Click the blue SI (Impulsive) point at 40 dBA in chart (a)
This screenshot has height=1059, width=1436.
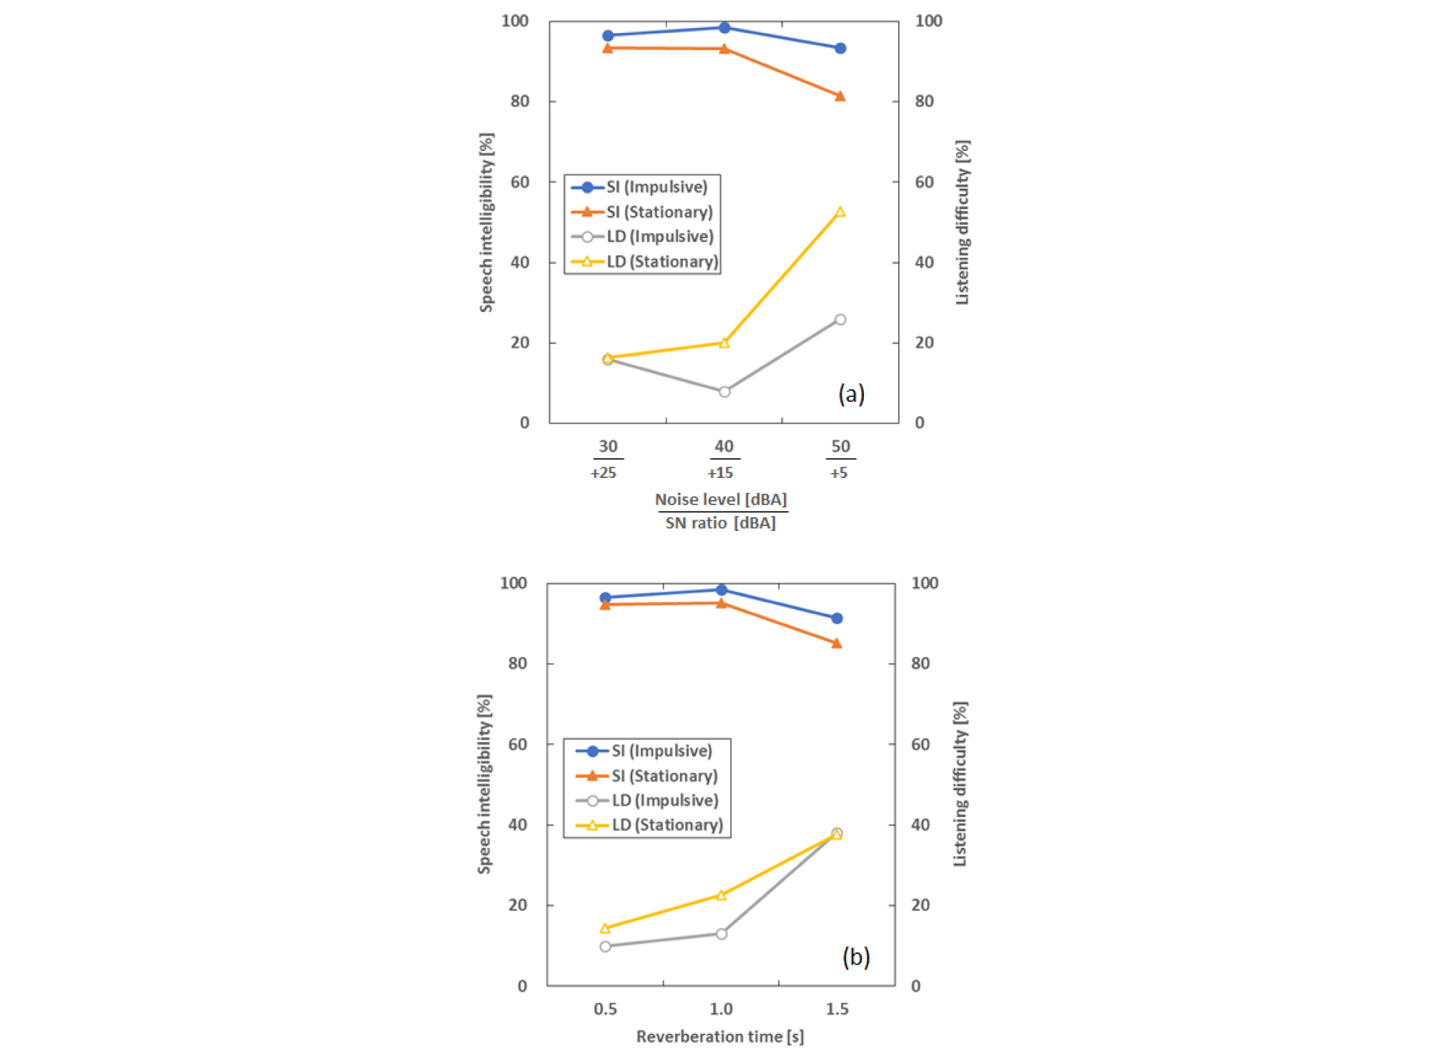tap(724, 28)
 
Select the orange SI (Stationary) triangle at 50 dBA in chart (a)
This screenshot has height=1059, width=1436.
tap(840, 96)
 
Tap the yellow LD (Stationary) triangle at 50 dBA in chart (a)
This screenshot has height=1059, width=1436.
tap(840, 212)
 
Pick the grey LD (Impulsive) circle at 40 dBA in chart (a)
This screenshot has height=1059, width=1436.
tap(724, 391)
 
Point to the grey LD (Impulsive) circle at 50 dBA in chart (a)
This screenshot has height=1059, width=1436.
tap(840, 320)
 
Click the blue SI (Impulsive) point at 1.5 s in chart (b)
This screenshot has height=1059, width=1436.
tap(837, 618)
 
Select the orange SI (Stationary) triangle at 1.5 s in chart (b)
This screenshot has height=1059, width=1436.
tap(837, 643)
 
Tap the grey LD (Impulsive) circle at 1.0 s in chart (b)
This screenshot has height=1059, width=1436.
tap(721, 934)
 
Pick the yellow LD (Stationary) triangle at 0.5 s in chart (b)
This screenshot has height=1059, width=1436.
tap(605, 928)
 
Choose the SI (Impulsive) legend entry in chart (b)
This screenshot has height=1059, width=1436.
tap(644, 751)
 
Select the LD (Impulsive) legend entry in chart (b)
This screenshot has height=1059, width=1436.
tap(647, 801)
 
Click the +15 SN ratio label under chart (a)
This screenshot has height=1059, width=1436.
tap(720, 473)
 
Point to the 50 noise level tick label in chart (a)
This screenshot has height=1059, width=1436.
tap(840, 446)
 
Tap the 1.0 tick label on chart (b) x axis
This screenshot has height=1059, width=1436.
tap(721, 1009)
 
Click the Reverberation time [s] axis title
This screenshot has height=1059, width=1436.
tap(720, 1037)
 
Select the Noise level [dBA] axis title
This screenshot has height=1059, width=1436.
tap(721, 499)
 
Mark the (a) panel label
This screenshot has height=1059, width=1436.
tap(852, 394)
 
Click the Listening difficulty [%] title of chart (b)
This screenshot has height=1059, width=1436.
tap(960, 784)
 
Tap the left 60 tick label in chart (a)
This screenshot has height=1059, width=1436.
tap(520, 182)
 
